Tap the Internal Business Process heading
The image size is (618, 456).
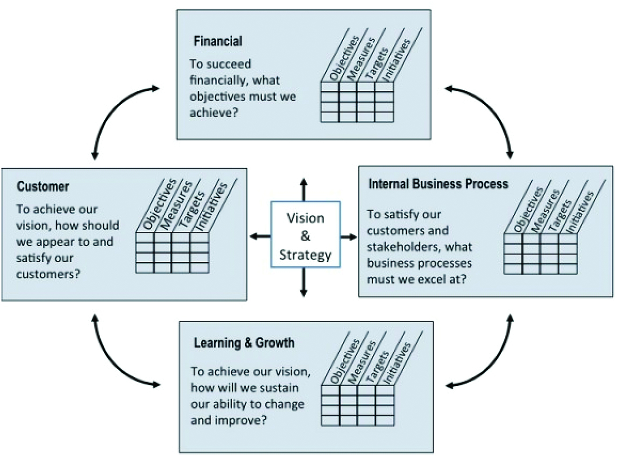[x=438, y=184]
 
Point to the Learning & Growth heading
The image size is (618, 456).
[x=244, y=343]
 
